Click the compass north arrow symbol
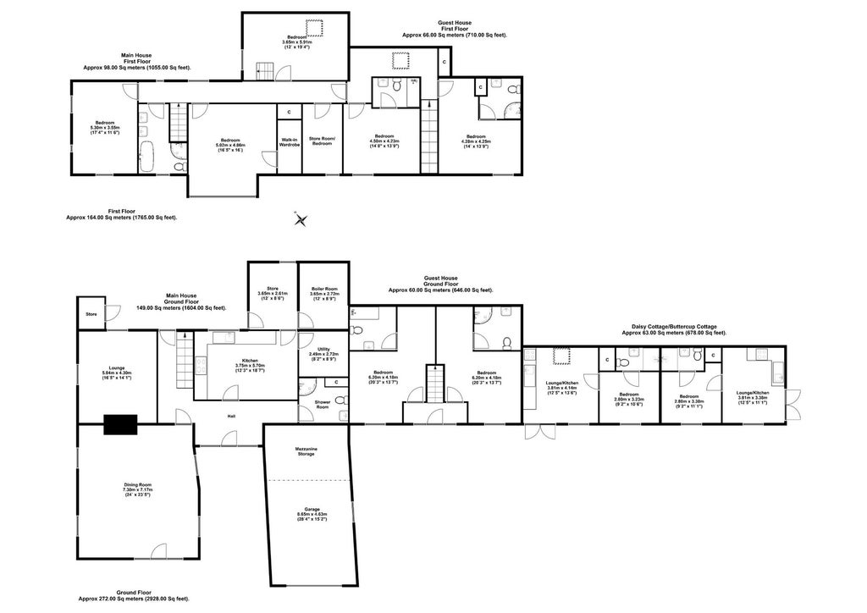tap(301, 218)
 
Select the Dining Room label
tap(136, 489)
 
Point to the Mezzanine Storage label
tap(306, 450)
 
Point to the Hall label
tap(230, 416)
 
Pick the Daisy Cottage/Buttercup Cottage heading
tap(674, 329)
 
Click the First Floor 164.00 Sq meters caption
tap(121, 214)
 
